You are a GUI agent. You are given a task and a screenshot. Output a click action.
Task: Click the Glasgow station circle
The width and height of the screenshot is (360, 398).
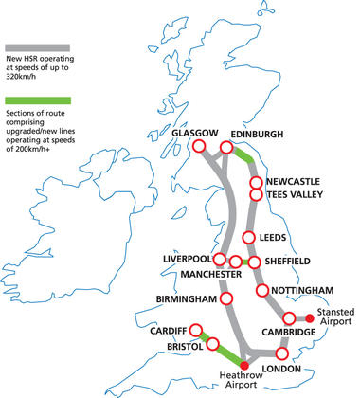tap(198, 147)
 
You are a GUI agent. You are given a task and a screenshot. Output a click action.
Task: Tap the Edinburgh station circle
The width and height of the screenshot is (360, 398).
tap(227, 147)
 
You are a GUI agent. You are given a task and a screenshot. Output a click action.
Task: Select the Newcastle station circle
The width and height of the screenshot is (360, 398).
tap(254, 181)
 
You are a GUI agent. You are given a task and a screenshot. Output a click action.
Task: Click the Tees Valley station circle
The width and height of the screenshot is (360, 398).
tap(254, 194)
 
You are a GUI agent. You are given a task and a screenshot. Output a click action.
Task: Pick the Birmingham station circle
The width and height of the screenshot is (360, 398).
tap(225, 299)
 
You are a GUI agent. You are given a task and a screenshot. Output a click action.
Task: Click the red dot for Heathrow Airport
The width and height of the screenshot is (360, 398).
tap(244, 365)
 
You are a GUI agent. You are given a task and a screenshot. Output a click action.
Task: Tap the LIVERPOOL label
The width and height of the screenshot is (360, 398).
tap(187, 259)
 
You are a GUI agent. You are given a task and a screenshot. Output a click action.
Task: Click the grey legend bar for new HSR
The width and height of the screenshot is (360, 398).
tap(37, 45)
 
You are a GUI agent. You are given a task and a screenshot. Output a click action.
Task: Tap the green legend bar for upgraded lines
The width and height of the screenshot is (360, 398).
tap(37, 99)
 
